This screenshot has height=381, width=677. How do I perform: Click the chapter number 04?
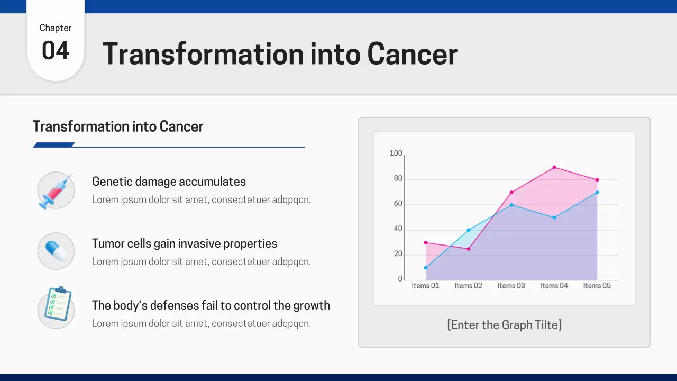(56, 51)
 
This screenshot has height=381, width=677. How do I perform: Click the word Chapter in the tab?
(56, 28)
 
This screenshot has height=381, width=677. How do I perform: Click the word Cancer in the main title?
(412, 54)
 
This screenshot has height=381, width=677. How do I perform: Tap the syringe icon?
(56, 190)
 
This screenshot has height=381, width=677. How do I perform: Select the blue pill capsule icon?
(56, 251)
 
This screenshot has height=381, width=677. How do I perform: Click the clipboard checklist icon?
(57, 306)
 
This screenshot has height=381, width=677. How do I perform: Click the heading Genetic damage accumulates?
(169, 182)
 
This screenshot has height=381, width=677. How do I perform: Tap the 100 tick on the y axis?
(396, 153)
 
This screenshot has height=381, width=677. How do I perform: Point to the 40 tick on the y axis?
(398, 229)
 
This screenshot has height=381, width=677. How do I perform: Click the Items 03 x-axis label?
(511, 286)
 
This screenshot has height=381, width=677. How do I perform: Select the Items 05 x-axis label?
(597, 286)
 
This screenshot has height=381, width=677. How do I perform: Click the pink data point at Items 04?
(554, 167)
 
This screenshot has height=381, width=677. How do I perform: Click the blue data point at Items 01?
(426, 268)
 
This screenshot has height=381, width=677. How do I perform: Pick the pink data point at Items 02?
(469, 249)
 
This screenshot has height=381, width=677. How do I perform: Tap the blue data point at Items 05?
(597, 192)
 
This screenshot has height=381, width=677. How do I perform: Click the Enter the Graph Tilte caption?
(504, 325)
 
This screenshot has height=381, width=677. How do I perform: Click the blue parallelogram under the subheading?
(53, 145)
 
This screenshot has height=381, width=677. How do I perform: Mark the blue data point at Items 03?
(511, 205)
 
